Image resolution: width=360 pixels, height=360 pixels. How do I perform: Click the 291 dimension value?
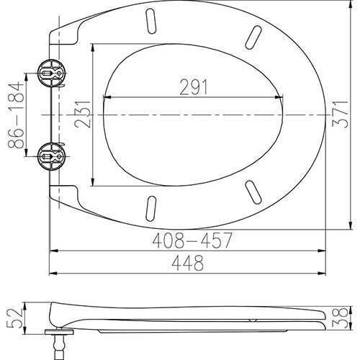pyautogui.click(x=194, y=87)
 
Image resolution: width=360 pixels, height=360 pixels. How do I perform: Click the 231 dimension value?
pyautogui.click(x=82, y=114)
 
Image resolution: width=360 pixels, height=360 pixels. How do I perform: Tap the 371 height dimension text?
pyautogui.click(x=340, y=114)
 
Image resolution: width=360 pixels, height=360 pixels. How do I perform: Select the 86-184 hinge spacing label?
pyautogui.click(x=17, y=115)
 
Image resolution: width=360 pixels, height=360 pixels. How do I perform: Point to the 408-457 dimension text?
pyautogui.click(x=192, y=240)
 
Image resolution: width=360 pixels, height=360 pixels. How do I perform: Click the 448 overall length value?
pyautogui.click(x=188, y=263)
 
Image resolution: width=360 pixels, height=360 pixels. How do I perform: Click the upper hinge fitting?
pyautogui.click(x=51, y=73)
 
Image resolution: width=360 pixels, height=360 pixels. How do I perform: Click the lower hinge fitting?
pyautogui.click(x=51, y=156)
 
